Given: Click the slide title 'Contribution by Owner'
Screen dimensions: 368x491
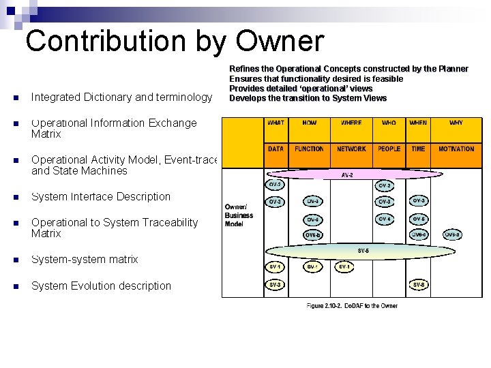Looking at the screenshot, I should (174, 41).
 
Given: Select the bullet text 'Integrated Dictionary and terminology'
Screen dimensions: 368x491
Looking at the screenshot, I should (121, 97).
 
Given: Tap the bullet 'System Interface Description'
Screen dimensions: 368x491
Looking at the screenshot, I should (101, 197).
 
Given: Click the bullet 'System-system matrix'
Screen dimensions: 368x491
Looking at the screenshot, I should (85, 260).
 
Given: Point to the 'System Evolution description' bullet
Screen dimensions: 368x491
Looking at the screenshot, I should (101, 286).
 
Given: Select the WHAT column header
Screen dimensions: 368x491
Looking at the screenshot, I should (276, 123).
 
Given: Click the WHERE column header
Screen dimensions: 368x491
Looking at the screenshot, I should (351, 123).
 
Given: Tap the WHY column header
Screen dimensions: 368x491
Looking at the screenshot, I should (456, 123).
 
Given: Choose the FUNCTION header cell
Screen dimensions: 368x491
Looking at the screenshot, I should (310, 149).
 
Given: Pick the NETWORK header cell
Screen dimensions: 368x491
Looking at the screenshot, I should (351, 149).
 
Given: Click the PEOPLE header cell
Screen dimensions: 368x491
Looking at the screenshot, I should (389, 149).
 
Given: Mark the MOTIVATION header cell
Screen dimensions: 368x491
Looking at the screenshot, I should (456, 149).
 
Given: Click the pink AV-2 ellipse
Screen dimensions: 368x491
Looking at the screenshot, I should (347, 174).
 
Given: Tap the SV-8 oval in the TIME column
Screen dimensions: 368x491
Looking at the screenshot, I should (418, 284).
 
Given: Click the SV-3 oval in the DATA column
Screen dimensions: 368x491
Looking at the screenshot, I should (275, 284).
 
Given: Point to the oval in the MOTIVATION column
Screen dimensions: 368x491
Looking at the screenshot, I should (452, 234).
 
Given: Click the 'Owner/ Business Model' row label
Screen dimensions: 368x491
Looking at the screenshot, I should (239, 215).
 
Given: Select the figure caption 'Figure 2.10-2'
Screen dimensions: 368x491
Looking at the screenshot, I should (351, 305).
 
